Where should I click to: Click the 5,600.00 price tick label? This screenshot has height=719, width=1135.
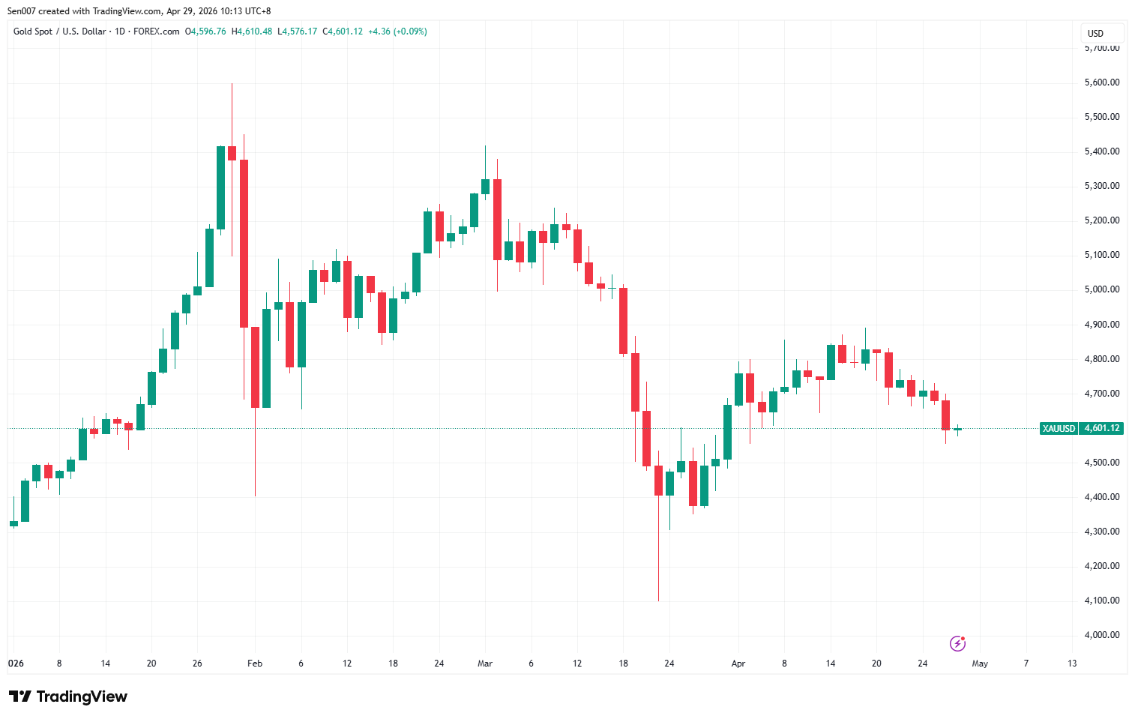[x=1101, y=82]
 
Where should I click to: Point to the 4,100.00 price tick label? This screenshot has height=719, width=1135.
[x=1101, y=601]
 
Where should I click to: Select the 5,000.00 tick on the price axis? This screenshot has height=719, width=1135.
[x=1101, y=289]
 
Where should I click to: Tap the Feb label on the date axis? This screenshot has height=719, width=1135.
[x=255, y=664]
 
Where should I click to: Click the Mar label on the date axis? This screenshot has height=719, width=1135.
[x=485, y=664]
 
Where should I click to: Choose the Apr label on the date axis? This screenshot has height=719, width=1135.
[x=738, y=664]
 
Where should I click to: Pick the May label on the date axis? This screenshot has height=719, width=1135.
[x=980, y=664]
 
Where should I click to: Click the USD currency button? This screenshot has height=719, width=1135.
[x=1096, y=33]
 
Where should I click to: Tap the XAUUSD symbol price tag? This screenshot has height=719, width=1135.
[x=1059, y=429]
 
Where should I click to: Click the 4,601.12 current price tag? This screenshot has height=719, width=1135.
[x=1102, y=429]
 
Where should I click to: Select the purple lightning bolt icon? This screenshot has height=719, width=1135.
[x=957, y=643]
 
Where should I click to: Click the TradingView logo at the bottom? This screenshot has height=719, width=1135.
[x=68, y=697]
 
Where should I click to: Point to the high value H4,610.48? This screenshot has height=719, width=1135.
[x=252, y=31]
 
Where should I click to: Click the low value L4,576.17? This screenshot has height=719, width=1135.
[x=297, y=31]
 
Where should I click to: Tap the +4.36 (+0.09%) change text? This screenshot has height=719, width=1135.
[x=397, y=31]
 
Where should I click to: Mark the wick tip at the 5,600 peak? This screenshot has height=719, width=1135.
[x=232, y=84]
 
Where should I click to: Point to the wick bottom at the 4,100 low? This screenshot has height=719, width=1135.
[x=658, y=601]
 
